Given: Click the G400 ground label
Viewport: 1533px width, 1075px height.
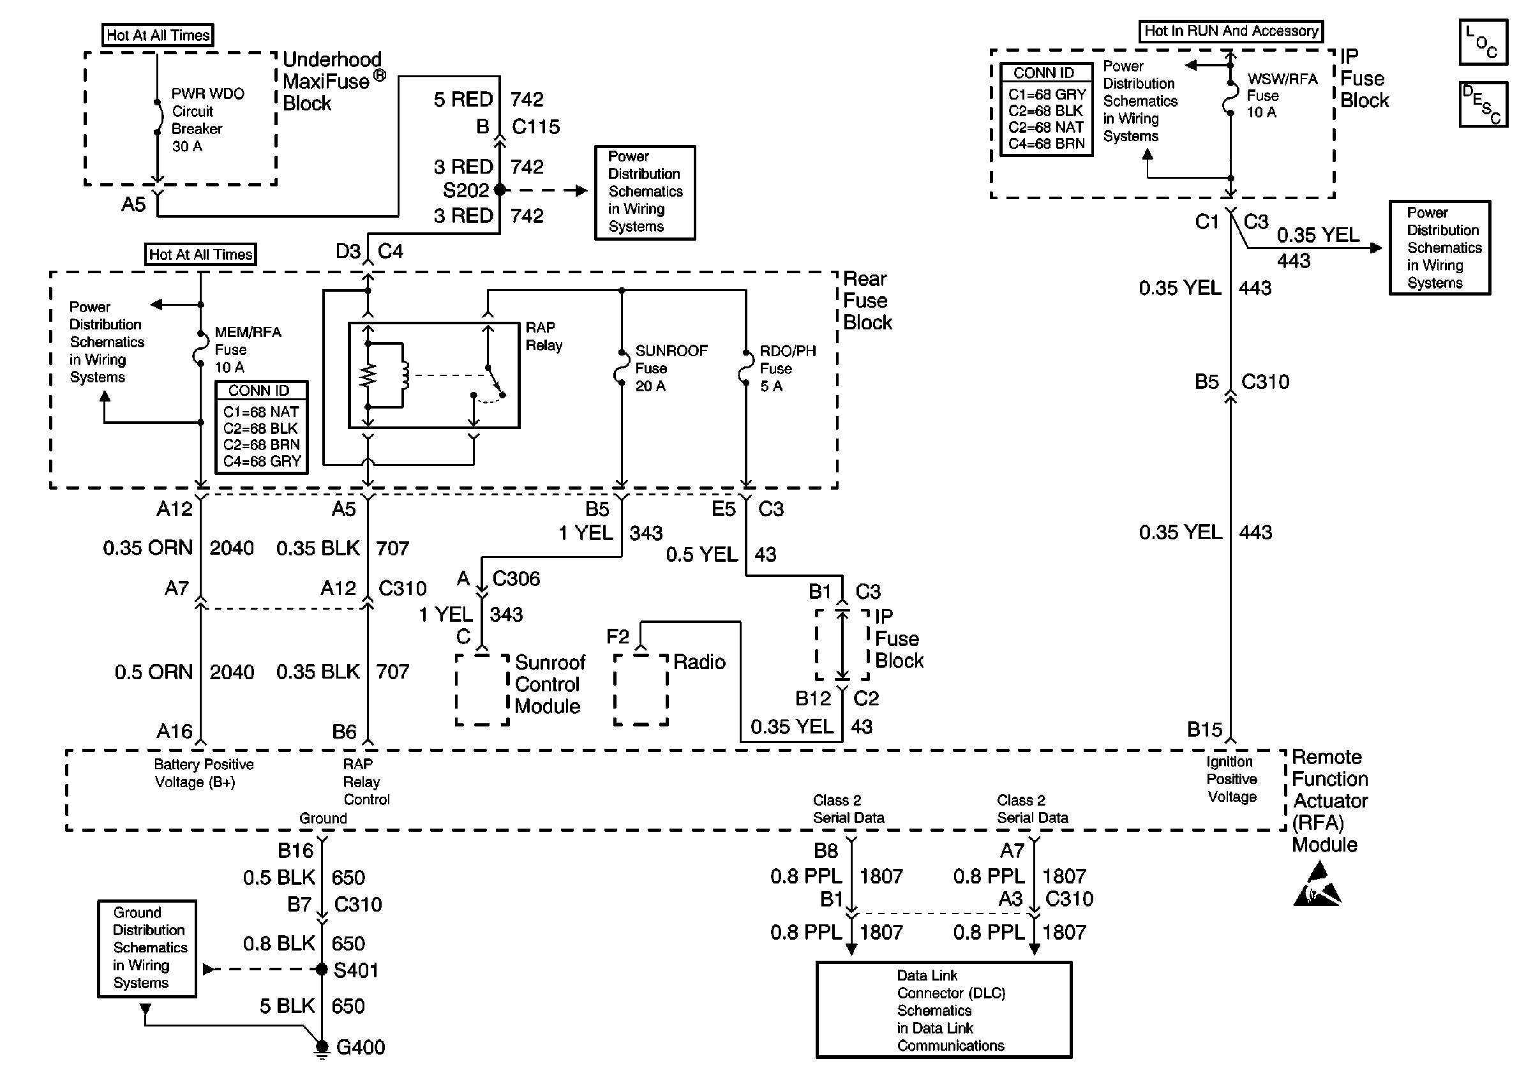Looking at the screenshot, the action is tap(361, 1046).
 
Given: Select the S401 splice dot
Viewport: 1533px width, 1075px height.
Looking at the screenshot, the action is tap(322, 969).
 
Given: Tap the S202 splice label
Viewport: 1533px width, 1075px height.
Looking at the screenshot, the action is tap(466, 190).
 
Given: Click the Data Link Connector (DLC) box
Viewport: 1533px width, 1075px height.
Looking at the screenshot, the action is tap(944, 1009).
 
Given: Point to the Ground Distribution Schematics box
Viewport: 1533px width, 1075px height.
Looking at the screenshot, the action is tap(147, 948).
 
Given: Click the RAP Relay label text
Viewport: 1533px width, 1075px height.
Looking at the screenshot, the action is tap(544, 336).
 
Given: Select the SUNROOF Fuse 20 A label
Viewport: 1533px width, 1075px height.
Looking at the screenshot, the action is tap(671, 368).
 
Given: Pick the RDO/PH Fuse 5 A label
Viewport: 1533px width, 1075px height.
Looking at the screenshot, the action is tap(788, 368).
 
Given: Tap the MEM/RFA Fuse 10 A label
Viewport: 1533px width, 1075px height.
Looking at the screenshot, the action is tap(248, 349).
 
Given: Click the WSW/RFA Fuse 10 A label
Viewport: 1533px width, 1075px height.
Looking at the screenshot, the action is tap(1282, 96).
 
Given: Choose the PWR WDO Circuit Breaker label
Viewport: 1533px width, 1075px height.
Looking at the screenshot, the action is tap(207, 119).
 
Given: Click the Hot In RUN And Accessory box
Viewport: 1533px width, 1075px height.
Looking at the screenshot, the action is tap(1230, 31).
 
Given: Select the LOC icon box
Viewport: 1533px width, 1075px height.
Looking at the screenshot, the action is tap(1483, 42).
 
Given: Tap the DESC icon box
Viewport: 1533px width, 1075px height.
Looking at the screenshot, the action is tap(1483, 104).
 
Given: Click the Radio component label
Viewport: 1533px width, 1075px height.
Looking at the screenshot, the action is tap(699, 662).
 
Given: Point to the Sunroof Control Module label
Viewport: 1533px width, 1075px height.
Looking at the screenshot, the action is tap(550, 684).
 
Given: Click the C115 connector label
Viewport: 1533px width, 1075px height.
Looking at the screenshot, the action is tap(535, 127).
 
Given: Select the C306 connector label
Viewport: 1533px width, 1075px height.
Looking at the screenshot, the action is tap(516, 578).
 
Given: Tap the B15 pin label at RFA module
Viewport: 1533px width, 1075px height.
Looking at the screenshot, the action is tap(1204, 729).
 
